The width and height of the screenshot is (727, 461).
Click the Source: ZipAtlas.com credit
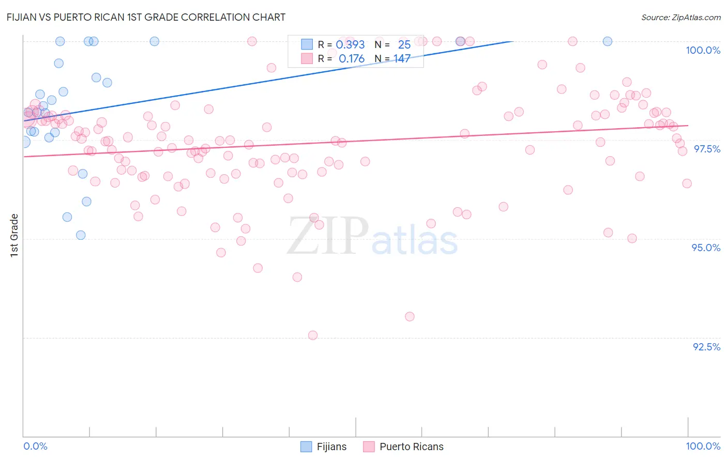click(680, 17)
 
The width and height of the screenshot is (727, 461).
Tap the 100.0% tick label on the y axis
click(702, 50)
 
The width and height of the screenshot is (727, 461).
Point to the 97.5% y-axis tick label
click(706, 149)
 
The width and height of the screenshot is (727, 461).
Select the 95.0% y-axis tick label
click(706, 248)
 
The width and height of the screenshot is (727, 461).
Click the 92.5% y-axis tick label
click(706, 347)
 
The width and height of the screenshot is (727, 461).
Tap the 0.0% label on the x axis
click(35, 446)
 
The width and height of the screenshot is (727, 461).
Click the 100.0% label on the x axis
click(703, 446)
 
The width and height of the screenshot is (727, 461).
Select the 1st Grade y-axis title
click(14, 235)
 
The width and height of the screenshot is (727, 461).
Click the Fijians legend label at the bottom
click(331, 447)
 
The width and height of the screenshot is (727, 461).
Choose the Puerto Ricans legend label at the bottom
click(411, 447)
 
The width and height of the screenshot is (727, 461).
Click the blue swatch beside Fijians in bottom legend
click(306, 447)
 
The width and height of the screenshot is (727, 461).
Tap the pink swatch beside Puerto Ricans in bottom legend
click(369, 447)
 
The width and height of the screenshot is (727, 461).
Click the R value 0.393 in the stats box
click(350, 45)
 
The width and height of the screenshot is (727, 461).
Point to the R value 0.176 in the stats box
click(352, 59)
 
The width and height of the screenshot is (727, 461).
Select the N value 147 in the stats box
click(402, 59)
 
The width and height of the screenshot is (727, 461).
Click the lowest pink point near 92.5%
click(313, 335)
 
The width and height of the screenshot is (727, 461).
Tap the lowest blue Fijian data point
click(81, 235)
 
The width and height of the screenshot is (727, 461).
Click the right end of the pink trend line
click(688, 125)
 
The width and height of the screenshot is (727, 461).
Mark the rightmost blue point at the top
click(608, 41)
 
